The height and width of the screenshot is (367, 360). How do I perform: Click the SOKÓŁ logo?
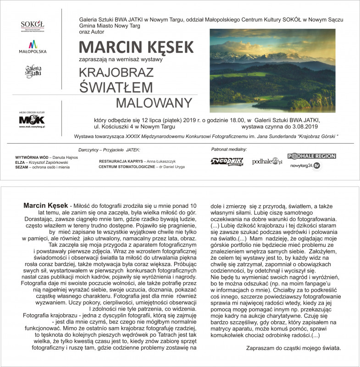[x=33, y=26]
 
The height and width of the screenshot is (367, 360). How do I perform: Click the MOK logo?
[x=32, y=120]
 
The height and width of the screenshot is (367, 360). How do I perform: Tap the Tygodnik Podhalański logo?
[x=227, y=161]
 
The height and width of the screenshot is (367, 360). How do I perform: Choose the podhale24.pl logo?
[x=267, y=161]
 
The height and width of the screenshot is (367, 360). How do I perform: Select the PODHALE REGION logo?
[x=311, y=156]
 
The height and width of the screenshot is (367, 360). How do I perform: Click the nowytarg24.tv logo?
[x=305, y=165]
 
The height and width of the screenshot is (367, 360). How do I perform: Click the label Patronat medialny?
[x=229, y=150]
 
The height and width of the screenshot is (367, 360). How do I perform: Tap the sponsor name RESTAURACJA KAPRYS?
[x=120, y=161]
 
